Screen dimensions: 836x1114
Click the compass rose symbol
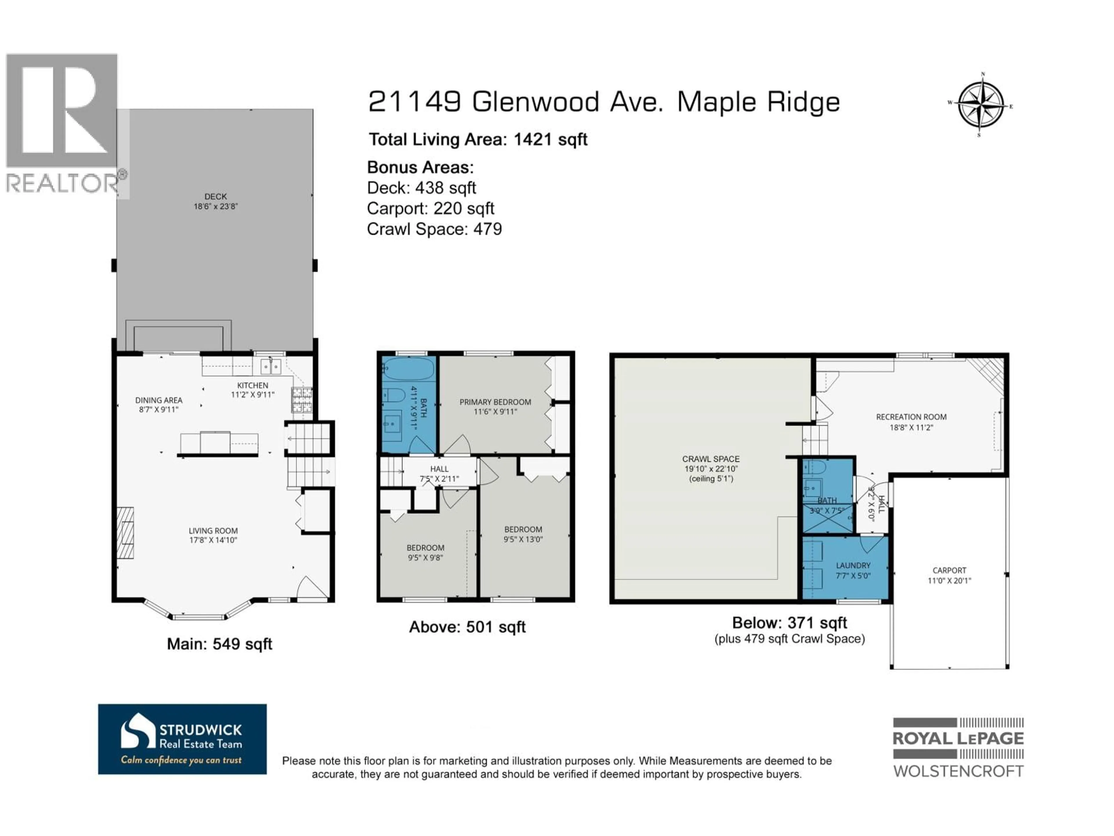(x=980, y=106)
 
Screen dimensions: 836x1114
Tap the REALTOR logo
(x=62, y=123)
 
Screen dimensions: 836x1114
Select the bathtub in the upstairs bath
(x=408, y=369)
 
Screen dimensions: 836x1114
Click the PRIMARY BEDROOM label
(x=495, y=402)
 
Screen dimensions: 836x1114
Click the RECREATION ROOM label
(x=911, y=417)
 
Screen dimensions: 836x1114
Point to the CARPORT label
(x=949, y=570)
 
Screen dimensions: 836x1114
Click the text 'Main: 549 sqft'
(x=220, y=644)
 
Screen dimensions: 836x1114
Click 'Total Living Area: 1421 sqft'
(x=478, y=140)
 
